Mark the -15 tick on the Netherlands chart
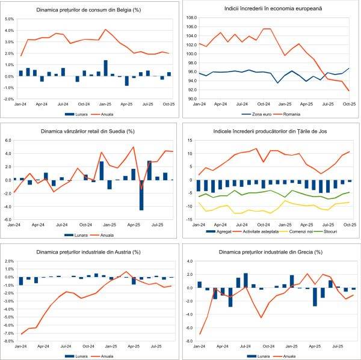point(190,220)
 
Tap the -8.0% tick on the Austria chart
point(8,341)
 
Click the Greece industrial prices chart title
point(271,251)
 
